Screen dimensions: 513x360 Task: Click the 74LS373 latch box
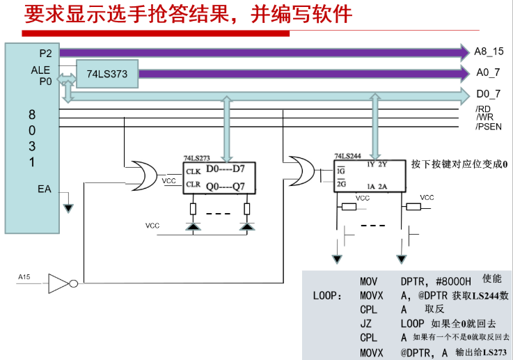(107, 74)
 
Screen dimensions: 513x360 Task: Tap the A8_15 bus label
(489, 52)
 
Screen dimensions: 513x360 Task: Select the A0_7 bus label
(488, 72)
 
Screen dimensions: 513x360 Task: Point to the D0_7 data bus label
(489, 94)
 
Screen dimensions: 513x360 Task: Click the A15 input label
(24, 277)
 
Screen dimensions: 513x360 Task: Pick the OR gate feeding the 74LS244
(301, 171)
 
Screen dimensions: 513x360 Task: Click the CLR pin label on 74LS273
(193, 185)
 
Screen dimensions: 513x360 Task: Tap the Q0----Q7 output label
(225, 187)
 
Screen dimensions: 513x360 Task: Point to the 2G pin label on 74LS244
(341, 184)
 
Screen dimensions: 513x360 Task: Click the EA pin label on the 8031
(45, 189)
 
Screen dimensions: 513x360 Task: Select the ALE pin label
(40, 70)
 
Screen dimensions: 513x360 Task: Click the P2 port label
(45, 54)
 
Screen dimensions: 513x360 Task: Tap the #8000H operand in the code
(453, 281)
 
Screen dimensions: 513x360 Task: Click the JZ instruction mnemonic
(365, 324)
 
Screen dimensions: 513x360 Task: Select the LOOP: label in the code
(327, 296)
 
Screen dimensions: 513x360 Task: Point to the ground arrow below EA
(68, 208)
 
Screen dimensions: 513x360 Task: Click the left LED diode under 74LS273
(193, 226)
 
